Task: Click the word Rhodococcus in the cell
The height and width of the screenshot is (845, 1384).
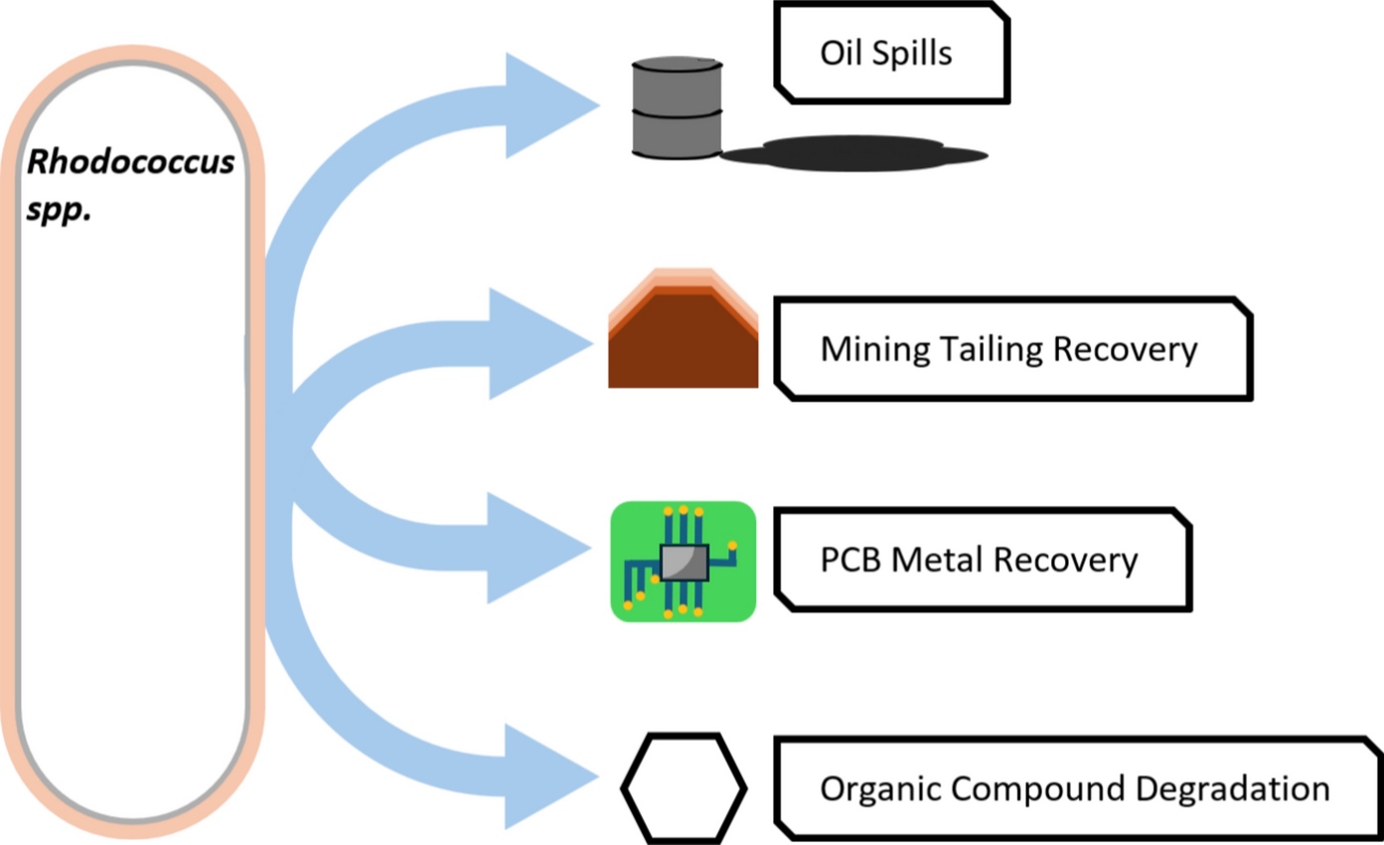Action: pos(131,162)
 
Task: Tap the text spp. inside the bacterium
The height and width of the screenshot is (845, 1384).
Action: pos(59,212)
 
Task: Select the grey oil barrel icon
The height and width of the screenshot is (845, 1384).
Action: pos(677,107)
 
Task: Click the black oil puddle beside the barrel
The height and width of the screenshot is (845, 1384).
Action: pos(854,155)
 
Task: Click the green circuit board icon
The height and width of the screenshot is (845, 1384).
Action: pos(684,562)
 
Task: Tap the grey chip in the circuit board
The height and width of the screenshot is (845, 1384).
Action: pos(683,564)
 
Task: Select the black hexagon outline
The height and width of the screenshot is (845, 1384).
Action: pos(684,787)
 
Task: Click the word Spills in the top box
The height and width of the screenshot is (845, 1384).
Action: pos(912,53)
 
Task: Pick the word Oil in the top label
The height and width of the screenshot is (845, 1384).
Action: pos(840,53)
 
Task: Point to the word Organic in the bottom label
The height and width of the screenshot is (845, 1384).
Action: pos(880,788)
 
